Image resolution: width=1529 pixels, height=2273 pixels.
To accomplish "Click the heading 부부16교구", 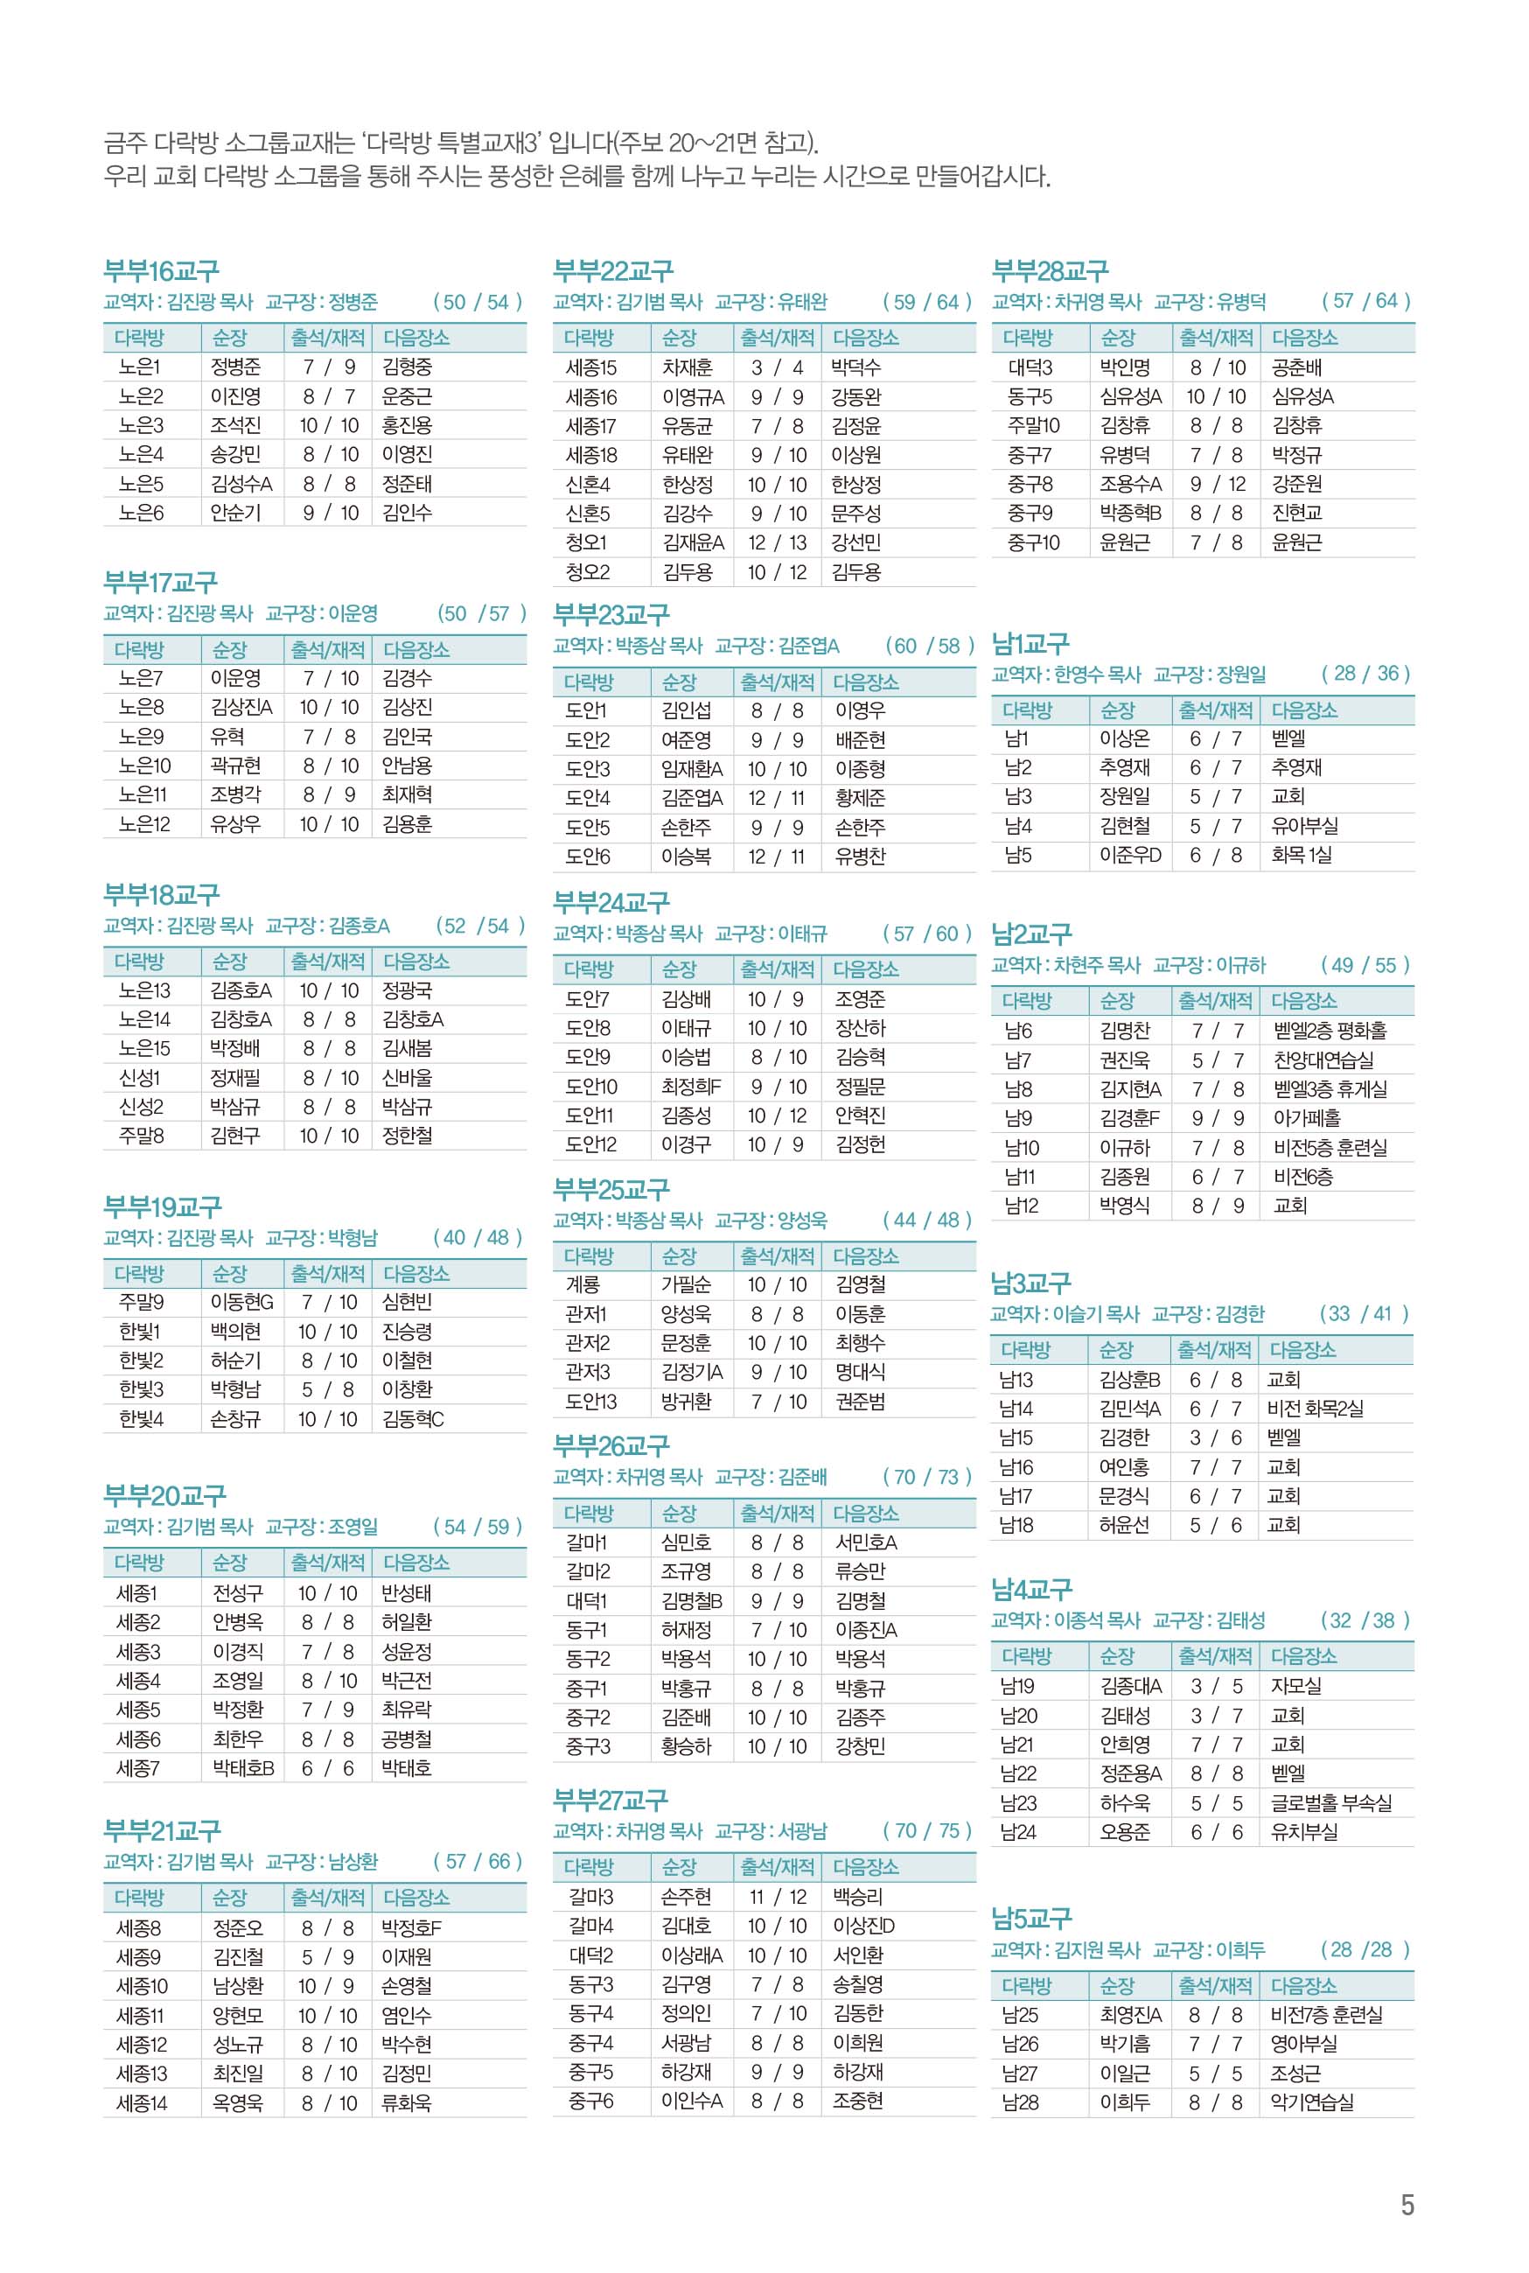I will pyautogui.click(x=161, y=271).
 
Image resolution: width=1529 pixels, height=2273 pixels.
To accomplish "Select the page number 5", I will pyautogui.click(x=1407, y=2206).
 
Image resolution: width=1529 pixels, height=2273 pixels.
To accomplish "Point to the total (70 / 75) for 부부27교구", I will pyautogui.click(x=926, y=1831).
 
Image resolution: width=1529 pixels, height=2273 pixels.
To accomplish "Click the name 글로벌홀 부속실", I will pyautogui.click(x=1331, y=1803).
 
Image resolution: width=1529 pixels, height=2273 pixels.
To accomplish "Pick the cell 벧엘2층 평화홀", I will pyautogui.click(x=1330, y=1031).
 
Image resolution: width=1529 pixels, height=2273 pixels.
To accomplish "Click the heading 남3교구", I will pyautogui.click(x=1030, y=1283).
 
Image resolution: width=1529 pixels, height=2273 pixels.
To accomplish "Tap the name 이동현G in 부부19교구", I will pyautogui.click(x=241, y=1303).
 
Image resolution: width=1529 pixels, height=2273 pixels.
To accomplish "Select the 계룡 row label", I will pyautogui.click(x=583, y=1285).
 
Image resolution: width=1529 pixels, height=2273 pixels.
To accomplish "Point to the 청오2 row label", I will pyautogui.click(x=587, y=572).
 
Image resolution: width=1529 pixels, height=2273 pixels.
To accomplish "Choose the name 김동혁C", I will pyautogui.click(x=414, y=1419).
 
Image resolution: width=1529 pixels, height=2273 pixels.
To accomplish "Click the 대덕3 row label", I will pyautogui.click(x=1030, y=367).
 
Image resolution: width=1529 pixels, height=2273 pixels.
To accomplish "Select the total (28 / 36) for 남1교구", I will pyautogui.click(x=1365, y=674).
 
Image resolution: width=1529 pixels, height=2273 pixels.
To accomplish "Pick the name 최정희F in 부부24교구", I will pyautogui.click(x=691, y=1087).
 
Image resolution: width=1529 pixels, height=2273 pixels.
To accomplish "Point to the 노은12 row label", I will pyautogui.click(x=143, y=824).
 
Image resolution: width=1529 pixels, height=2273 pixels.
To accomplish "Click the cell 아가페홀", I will pyautogui.click(x=1307, y=1118).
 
